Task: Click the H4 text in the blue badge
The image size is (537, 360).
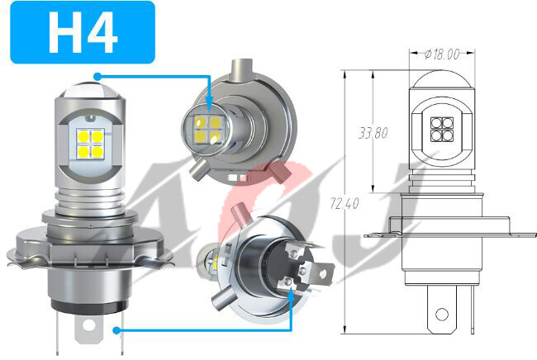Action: tap(83, 32)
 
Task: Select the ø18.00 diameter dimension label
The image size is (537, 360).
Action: tap(441, 55)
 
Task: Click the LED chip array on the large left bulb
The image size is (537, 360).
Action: tap(88, 140)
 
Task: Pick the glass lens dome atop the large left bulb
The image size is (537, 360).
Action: tap(88, 83)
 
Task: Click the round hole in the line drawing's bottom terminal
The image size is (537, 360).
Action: tap(442, 315)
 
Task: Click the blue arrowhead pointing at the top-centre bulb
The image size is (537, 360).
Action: tap(210, 106)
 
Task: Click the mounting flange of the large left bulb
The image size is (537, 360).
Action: tap(88, 248)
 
